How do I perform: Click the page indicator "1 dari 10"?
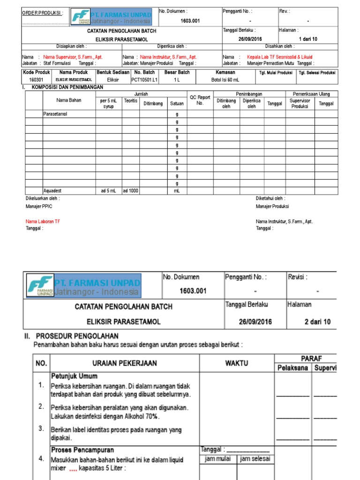[307, 39]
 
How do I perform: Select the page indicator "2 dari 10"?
[317, 322]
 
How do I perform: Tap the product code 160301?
[36, 80]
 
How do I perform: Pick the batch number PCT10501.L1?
[144, 80]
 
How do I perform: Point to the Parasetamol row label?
[55, 114]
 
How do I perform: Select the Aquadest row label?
[52, 191]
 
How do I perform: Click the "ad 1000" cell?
[130, 191]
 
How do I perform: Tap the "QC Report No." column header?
[200, 100]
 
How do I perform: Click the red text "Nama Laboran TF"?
[43, 221]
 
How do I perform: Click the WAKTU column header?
[236, 363]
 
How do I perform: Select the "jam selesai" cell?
[255, 459]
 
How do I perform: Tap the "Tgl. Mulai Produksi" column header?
[276, 73]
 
